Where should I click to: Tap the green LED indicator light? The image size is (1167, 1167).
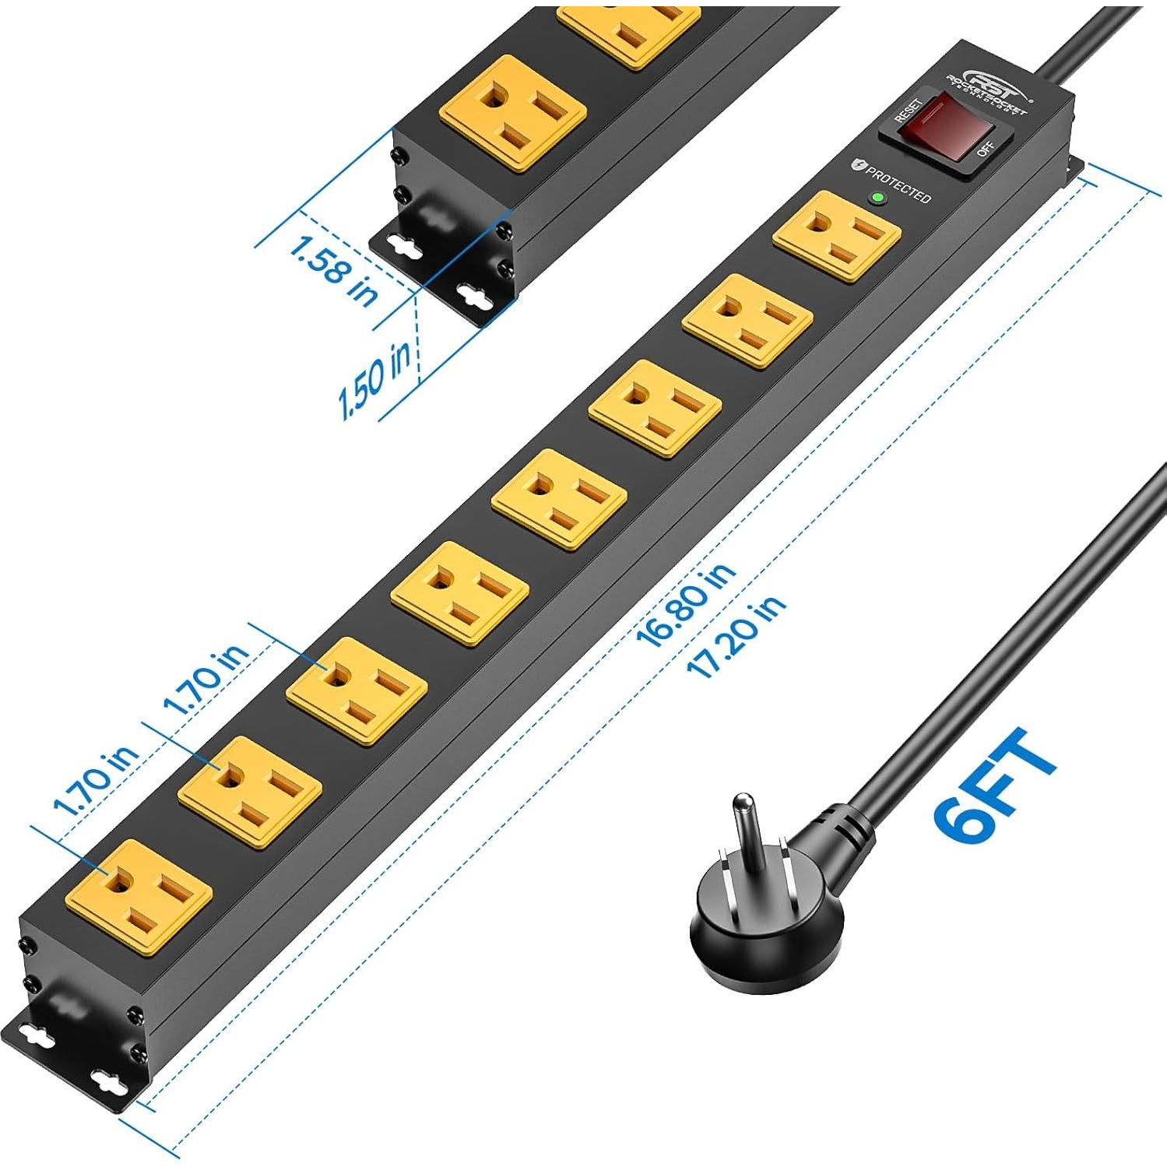[x=878, y=198]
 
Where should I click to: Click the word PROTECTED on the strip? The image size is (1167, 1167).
[x=899, y=185]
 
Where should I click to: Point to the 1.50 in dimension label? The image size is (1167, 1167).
[x=374, y=379]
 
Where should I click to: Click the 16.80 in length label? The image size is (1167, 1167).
[x=685, y=605]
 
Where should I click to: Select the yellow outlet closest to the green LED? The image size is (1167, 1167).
[x=837, y=235]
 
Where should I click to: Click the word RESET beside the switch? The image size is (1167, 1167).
[x=909, y=110]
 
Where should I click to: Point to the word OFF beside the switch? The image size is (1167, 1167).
[x=986, y=147]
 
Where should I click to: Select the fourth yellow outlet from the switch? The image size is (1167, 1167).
[x=560, y=498]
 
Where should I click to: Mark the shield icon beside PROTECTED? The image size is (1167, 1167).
[x=859, y=163]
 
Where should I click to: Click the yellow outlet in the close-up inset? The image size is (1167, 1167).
[x=513, y=113]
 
